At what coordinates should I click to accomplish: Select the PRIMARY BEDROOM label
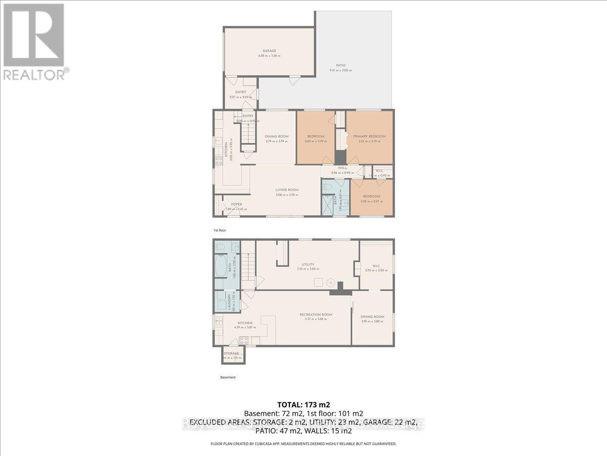(x=369, y=136)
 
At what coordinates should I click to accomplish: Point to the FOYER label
(x=229, y=204)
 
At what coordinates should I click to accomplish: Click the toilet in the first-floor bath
(x=327, y=187)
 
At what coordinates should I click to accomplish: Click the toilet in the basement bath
(x=220, y=247)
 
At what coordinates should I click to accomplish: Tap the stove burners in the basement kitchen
(x=243, y=340)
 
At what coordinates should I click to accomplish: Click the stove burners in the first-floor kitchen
(x=219, y=161)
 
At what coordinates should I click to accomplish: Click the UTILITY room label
(x=308, y=264)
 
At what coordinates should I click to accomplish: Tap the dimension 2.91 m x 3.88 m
(x=372, y=322)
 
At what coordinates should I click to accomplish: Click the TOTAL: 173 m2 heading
(x=303, y=404)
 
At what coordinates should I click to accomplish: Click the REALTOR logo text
(x=34, y=75)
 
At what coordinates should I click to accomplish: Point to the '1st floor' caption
(x=220, y=230)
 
